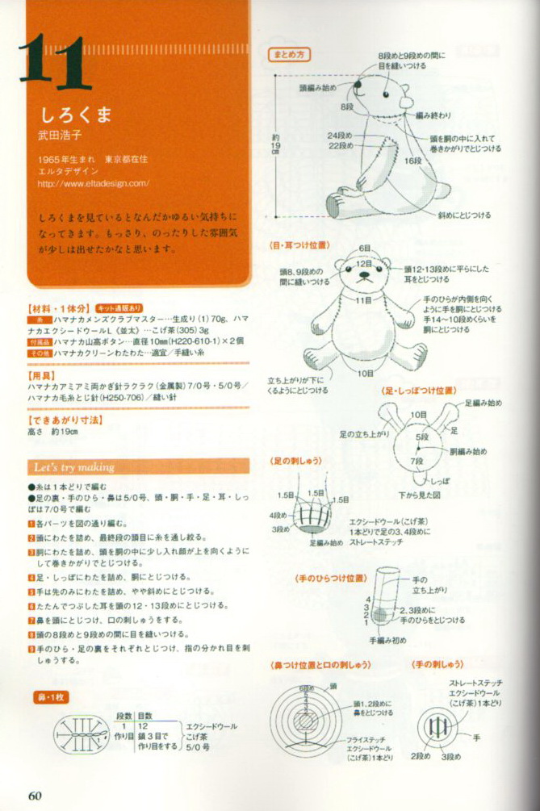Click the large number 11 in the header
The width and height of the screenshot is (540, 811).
(x=51, y=58)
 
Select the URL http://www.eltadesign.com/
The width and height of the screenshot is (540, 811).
(x=94, y=183)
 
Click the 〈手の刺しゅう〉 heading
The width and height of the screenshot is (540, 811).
(x=437, y=664)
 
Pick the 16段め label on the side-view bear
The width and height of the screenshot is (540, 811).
(x=413, y=161)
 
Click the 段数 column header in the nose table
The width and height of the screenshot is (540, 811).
(x=123, y=715)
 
